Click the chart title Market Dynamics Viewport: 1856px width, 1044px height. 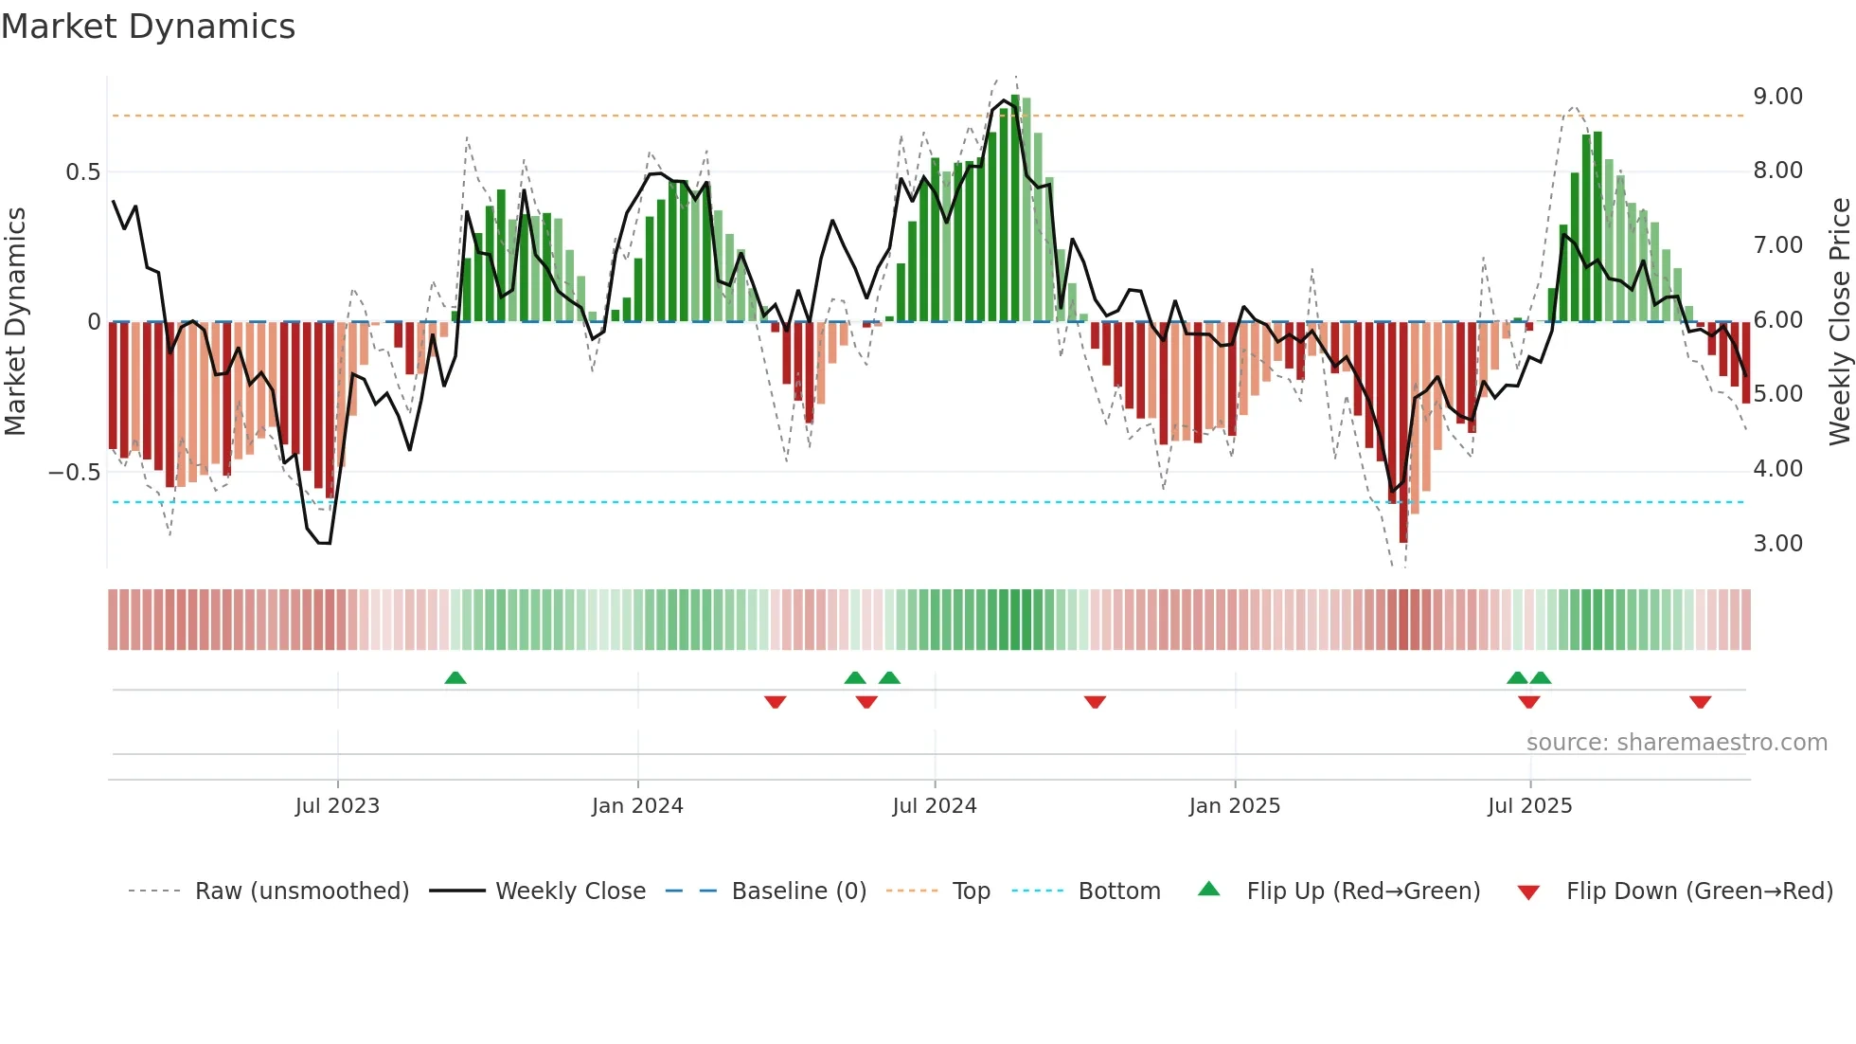pyautogui.click(x=148, y=27)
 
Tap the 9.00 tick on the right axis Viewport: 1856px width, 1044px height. pyautogui.click(x=1777, y=97)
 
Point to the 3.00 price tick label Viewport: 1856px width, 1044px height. pyautogui.click(x=1777, y=544)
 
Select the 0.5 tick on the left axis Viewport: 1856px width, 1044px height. pyautogui.click(x=82, y=172)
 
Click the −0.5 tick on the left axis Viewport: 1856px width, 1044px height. pyautogui.click(x=74, y=473)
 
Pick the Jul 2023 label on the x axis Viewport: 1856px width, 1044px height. pyautogui.click(x=337, y=806)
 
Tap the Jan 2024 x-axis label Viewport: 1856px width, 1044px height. pyautogui.click(x=637, y=806)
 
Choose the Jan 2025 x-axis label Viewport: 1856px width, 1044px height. pyautogui.click(x=1235, y=806)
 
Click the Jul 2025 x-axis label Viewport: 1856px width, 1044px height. pyautogui.click(x=1529, y=806)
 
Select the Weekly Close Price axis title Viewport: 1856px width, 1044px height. pyautogui.click(x=1839, y=321)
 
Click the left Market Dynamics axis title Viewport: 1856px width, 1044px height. pyautogui.click(x=15, y=321)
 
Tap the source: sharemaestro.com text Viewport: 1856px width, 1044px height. pyautogui.click(x=1676, y=743)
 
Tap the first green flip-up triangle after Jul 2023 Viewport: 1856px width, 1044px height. pyautogui.click(x=455, y=677)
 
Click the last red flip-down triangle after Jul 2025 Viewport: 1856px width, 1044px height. pyautogui.click(x=1700, y=702)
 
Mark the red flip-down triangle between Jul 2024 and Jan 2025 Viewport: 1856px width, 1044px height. pyautogui.click(x=1095, y=702)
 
